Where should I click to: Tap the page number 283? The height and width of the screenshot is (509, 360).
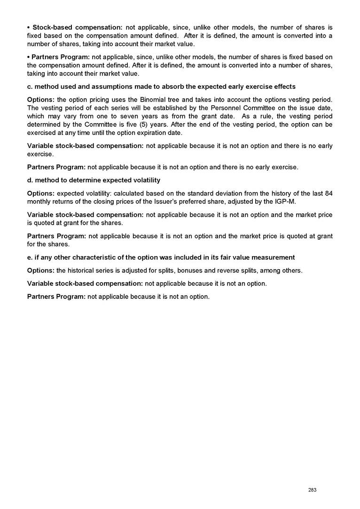click(312, 490)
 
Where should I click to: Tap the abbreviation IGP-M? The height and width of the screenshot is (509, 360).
click(285, 202)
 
